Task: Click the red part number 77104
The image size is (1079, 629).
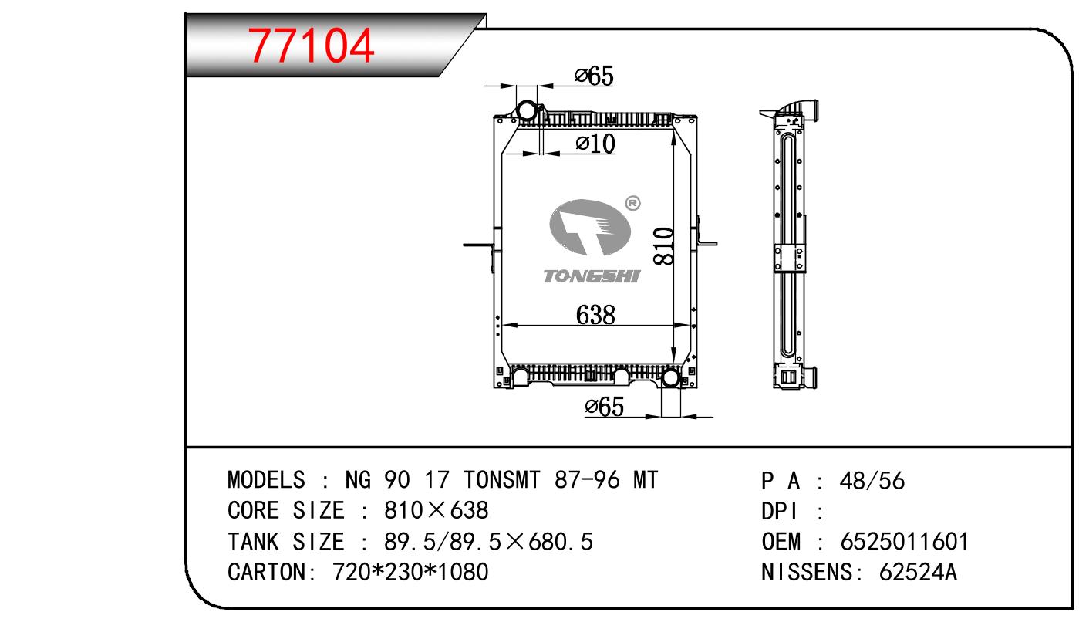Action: coord(311,46)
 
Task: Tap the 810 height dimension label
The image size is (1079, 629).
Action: coord(663,246)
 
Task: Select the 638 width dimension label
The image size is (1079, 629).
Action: coord(595,315)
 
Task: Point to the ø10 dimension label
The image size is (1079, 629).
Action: coord(595,144)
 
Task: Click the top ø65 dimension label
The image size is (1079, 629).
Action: coord(594,76)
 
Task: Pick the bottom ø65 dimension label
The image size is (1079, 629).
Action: coord(604,406)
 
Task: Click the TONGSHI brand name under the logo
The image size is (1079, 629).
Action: coord(592,276)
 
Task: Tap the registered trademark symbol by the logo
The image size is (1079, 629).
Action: coord(632,204)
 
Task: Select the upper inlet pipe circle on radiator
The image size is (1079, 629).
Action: coord(527,111)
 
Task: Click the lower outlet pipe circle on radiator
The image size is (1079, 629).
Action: coord(670,378)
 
